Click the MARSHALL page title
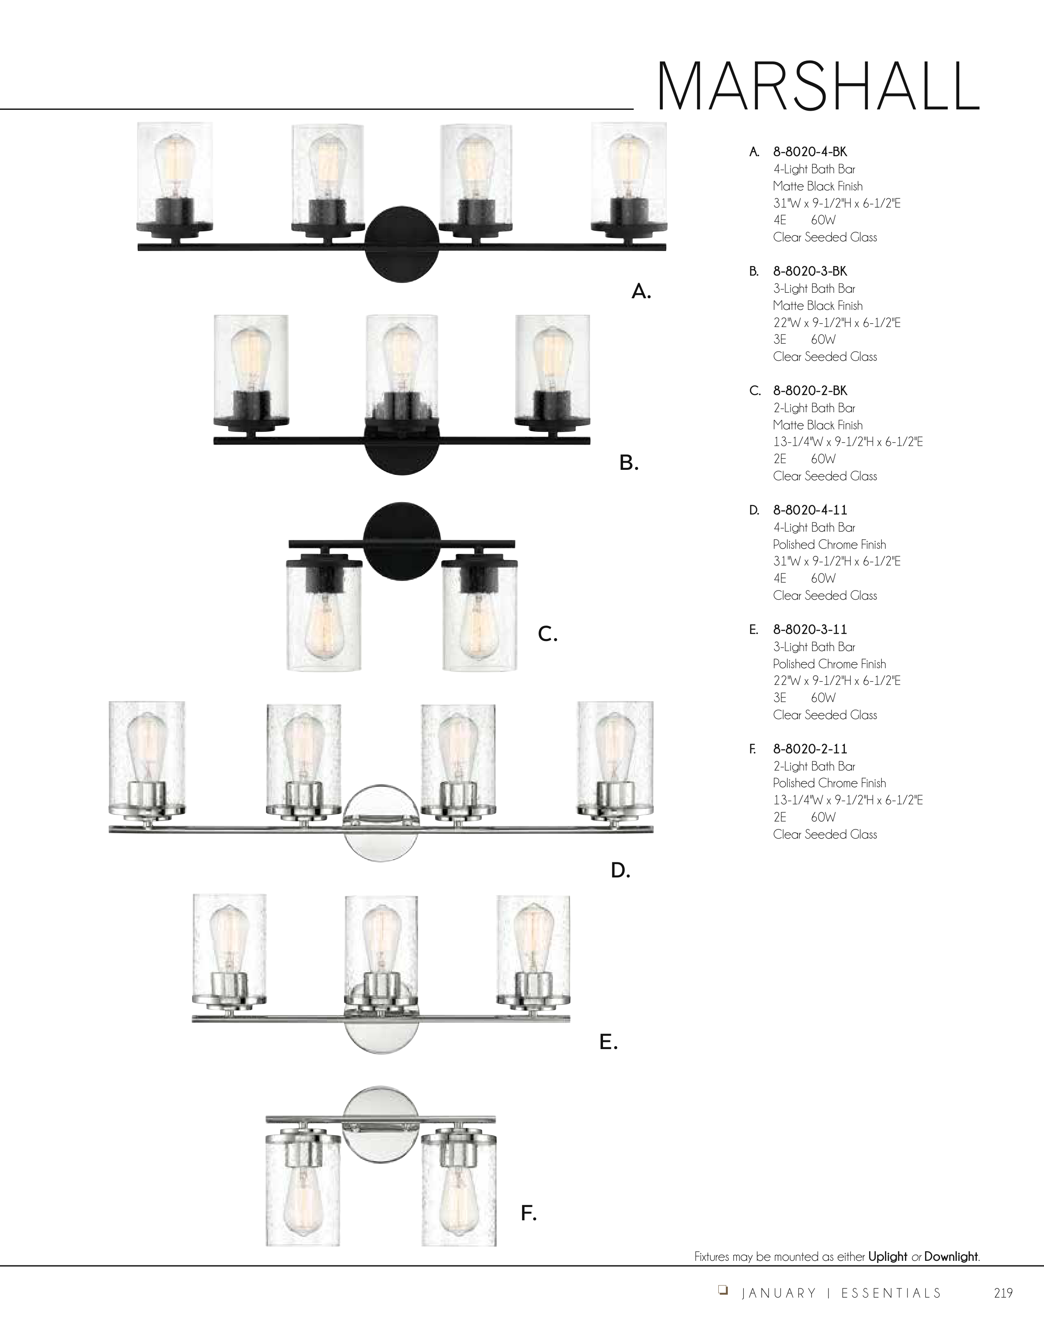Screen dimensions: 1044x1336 (818, 86)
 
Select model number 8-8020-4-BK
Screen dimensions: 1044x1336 (810, 152)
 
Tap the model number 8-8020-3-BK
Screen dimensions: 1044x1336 (810, 271)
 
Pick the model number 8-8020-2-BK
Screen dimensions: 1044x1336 (810, 390)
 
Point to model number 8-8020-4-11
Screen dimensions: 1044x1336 (810, 510)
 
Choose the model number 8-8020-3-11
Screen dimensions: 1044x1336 (810, 629)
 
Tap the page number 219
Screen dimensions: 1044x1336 (1003, 1293)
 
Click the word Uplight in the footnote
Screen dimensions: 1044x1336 (887, 1257)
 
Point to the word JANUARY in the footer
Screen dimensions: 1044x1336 (778, 1293)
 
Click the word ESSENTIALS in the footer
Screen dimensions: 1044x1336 (891, 1293)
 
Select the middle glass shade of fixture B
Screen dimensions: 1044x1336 (401, 370)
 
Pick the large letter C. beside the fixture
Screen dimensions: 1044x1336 (547, 634)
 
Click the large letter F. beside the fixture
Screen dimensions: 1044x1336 (528, 1212)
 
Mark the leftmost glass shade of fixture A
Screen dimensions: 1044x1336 (175, 177)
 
